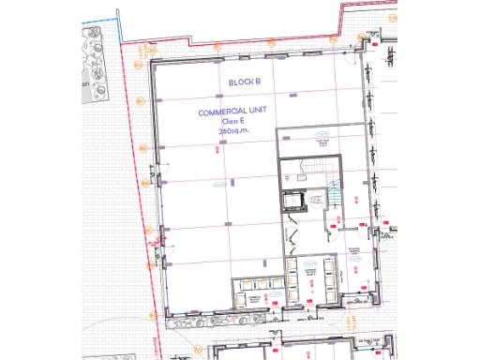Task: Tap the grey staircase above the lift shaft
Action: click(x=298, y=170)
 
